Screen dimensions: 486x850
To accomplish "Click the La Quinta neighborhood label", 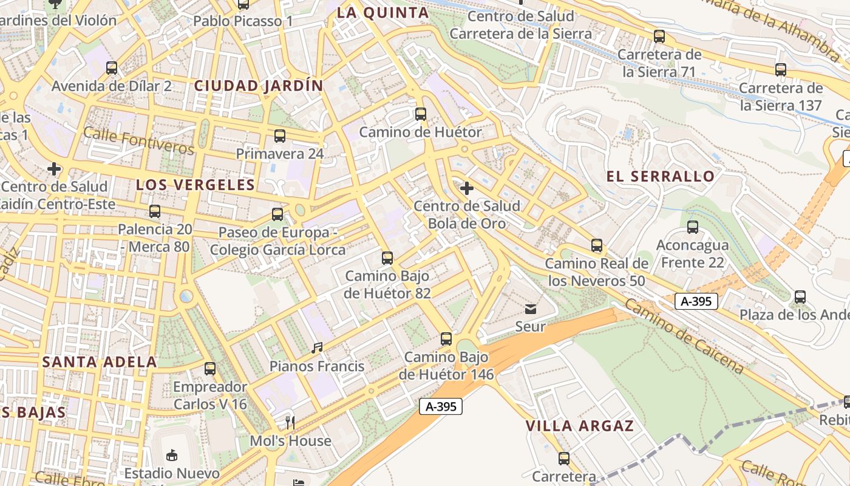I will (382, 13).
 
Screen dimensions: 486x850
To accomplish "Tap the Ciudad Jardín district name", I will (259, 86).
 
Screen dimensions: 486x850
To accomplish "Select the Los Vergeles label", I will (195, 185).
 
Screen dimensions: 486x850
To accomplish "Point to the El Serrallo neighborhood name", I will (661, 177).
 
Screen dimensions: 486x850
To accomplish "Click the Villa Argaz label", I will (580, 426).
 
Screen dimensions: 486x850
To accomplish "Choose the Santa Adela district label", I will (100, 362).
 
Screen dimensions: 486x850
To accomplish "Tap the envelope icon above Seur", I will (531, 309).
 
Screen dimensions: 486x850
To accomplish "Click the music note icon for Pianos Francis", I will (317, 348).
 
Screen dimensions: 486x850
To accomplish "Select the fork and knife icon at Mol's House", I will (290, 422).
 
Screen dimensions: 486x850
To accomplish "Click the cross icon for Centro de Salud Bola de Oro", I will (466, 188).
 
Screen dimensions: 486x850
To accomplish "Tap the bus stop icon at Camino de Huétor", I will (420, 114).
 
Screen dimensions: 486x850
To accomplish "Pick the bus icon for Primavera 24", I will (280, 136).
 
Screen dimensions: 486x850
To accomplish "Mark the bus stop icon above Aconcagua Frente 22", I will (693, 227).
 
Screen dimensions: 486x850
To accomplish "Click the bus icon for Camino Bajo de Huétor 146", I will (446, 338).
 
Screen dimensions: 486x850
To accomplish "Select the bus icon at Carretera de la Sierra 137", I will (781, 70).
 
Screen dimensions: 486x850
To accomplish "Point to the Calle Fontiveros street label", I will (139, 141).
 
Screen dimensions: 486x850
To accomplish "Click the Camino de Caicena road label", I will (682, 336).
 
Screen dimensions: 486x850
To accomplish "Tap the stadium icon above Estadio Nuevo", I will (172, 454).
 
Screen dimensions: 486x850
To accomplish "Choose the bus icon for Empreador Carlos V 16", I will (210, 368).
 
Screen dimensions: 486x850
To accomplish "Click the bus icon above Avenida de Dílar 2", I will (112, 67).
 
